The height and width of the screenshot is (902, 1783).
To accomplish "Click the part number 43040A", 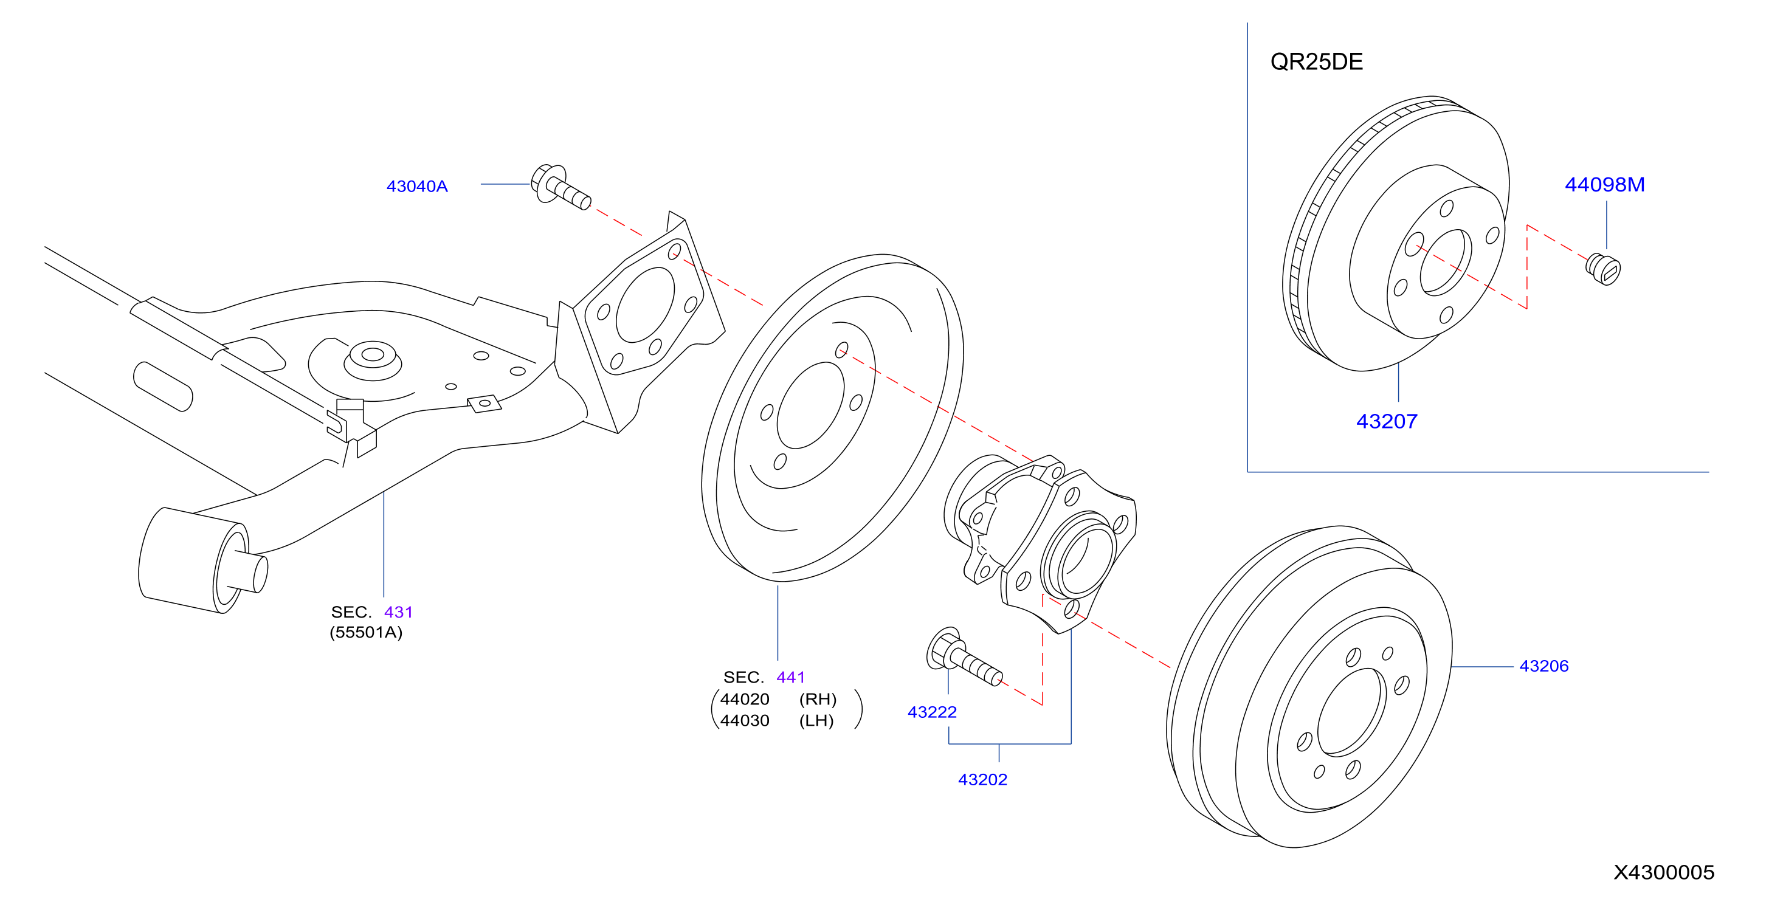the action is (x=416, y=186).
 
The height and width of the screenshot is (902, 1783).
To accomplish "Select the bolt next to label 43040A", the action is (x=560, y=186).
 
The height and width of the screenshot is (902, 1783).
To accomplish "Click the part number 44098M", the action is (x=1604, y=184).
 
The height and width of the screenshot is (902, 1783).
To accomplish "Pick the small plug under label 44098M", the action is (x=1603, y=269).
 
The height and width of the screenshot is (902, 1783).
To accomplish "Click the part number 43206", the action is (x=1543, y=666).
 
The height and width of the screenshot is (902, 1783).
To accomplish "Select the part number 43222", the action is (x=932, y=712).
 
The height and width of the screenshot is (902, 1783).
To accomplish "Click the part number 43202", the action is (x=982, y=779).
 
